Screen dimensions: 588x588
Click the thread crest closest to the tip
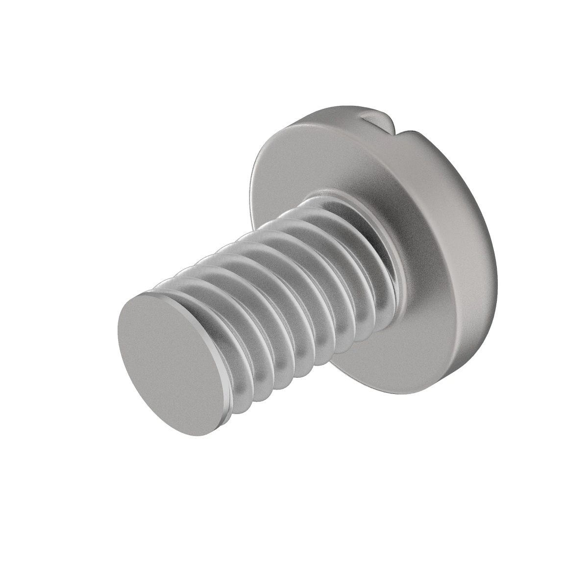point(206,304)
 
